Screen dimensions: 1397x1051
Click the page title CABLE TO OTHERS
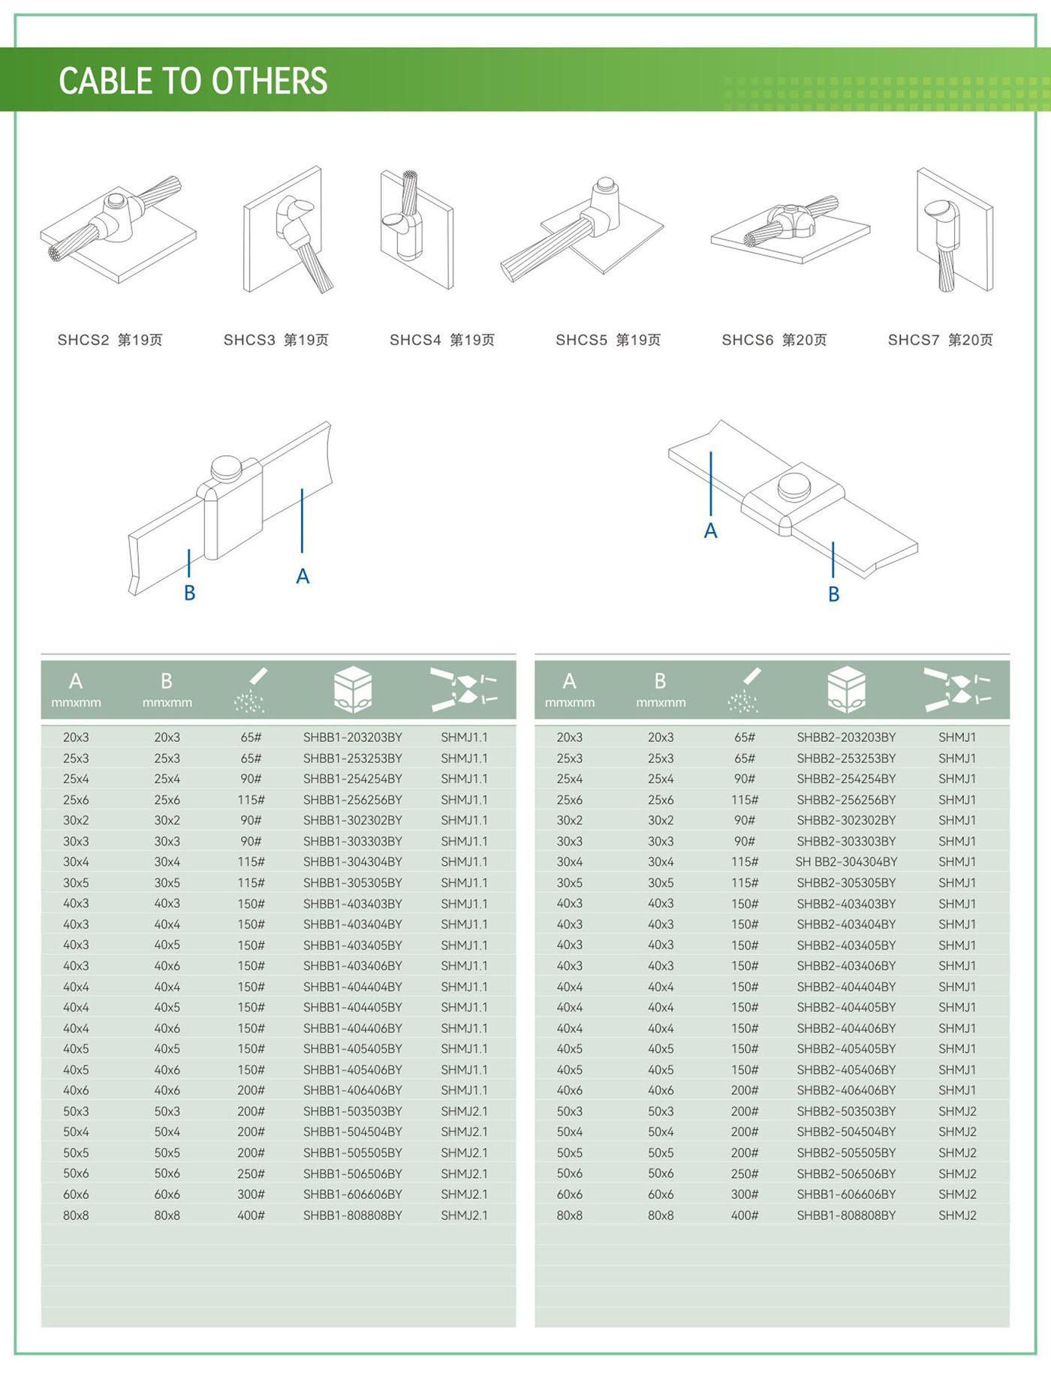(x=193, y=81)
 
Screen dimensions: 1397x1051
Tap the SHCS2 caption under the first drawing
(x=110, y=340)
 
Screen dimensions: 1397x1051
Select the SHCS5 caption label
(x=608, y=340)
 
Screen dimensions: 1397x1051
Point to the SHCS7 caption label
(x=940, y=340)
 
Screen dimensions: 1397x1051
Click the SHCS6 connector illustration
(x=790, y=229)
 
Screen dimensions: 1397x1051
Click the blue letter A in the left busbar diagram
(x=303, y=576)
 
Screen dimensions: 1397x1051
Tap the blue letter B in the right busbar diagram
(x=833, y=594)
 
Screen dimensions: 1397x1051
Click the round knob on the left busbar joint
(x=226, y=468)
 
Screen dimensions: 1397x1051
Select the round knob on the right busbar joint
(x=794, y=485)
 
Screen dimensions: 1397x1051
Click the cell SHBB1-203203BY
(x=352, y=738)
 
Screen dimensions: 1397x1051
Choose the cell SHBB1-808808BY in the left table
(x=352, y=1215)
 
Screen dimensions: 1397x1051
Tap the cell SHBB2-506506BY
(x=846, y=1173)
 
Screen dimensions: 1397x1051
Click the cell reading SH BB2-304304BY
(x=846, y=862)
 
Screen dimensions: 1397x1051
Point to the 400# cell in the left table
(x=251, y=1215)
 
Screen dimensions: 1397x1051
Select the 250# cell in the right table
(x=745, y=1173)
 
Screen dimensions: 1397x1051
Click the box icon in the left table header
(x=352, y=689)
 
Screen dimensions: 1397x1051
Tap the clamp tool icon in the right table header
(x=957, y=689)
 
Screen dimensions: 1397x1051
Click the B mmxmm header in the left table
(x=167, y=689)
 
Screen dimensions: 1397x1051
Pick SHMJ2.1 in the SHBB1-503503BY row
(x=464, y=1111)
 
